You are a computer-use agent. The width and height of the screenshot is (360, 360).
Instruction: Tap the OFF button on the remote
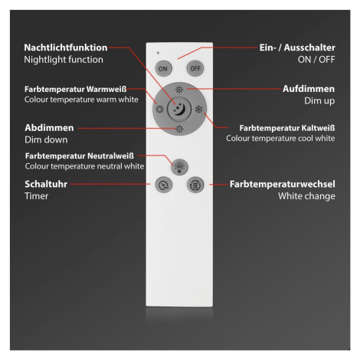(x=195, y=68)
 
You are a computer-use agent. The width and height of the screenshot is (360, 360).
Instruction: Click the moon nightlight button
(x=179, y=110)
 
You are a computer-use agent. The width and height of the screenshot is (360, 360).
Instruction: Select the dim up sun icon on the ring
(x=179, y=90)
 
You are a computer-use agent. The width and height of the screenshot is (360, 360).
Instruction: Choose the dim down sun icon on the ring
(x=179, y=129)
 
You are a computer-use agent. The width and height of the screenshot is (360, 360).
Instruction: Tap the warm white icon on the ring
(x=159, y=110)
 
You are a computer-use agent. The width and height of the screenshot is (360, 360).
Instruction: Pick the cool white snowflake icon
(x=199, y=110)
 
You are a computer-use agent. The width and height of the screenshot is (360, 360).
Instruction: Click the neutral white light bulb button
(x=179, y=167)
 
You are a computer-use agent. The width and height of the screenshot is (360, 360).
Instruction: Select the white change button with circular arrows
(x=195, y=185)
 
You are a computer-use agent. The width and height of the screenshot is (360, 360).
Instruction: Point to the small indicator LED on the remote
(x=158, y=53)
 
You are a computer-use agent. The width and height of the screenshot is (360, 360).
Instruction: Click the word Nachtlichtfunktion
(x=66, y=47)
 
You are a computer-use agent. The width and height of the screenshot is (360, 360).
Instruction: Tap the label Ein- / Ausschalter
(x=297, y=47)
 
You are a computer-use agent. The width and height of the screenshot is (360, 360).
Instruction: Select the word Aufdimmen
(x=309, y=89)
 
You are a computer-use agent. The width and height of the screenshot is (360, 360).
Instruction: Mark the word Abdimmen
(x=49, y=128)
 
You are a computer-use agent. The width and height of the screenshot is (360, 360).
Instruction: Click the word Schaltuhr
(x=46, y=184)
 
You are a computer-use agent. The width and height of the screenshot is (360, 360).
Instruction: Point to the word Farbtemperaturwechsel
(x=283, y=184)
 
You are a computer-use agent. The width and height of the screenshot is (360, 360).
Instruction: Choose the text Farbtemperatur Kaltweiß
(x=287, y=128)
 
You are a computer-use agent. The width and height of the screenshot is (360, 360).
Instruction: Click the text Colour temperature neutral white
(x=84, y=166)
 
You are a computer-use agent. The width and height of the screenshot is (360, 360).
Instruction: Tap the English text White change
(x=306, y=196)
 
